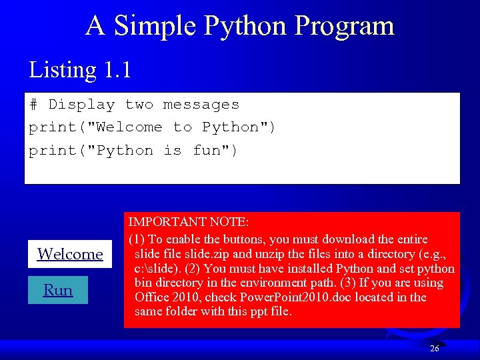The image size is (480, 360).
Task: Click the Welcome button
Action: click(x=70, y=254)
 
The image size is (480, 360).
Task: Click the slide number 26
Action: click(x=435, y=349)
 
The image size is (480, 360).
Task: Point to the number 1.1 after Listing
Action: click(x=117, y=69)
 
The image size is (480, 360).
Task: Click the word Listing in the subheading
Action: click(x=63, y=69)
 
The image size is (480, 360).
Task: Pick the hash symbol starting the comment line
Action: click(x=33, y=105)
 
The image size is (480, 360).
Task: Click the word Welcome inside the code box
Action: click(x=129, y=127)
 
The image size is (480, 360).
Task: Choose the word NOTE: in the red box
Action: click(x=230, y=221)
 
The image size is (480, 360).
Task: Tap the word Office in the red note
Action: click(x=153, y=297)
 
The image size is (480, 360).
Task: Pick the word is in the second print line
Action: click(x=172, y=151)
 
